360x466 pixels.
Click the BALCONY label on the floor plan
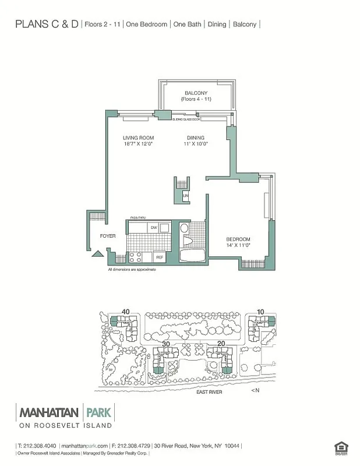[196, 93]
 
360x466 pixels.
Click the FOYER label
[108, 236]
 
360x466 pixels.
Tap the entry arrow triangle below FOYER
[98, 253]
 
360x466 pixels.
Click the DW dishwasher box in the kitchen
[154, 227]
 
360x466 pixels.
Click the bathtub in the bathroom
[190, 256]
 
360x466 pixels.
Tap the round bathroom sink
[184, 227]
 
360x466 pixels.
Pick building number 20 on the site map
[221, 344]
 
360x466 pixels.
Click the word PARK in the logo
[100, 412]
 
